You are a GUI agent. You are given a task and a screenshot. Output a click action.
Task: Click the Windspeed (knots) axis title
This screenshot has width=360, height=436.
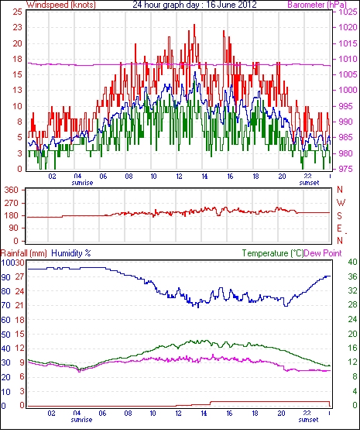tap(61, 5)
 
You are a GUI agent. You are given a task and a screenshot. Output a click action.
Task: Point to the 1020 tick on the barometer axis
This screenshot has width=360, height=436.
tap(348, 27)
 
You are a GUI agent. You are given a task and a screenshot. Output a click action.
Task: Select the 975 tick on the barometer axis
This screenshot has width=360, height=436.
tap(347, 169)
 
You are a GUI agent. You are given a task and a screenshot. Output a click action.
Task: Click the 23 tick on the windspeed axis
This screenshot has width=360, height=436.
tap(17, 27)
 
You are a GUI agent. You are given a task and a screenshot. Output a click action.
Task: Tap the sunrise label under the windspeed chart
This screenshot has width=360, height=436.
tap(82, 183)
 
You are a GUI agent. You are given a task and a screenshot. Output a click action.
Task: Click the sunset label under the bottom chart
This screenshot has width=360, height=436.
tap(308, 420)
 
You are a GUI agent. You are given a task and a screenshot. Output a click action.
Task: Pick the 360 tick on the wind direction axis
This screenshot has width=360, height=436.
tap(12, 190)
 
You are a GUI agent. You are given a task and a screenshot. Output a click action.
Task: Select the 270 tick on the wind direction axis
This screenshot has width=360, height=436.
tap(12, 203)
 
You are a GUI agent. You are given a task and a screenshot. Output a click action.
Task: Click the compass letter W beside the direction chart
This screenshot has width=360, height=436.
tap(341, 203)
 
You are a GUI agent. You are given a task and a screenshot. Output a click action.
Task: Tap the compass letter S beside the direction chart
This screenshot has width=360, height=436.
tap(339, 216)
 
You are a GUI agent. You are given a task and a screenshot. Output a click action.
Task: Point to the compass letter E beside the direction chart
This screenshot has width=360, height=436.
tap(339, 228)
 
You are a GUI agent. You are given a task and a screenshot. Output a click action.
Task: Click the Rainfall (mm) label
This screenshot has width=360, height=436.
tap(24, 253)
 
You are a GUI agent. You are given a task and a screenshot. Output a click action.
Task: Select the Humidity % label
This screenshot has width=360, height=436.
tap(71, 253)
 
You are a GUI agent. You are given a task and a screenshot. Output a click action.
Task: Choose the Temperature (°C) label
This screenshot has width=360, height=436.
tap(273, 253)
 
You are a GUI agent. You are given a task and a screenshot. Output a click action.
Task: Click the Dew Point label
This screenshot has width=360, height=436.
tap(323, 253)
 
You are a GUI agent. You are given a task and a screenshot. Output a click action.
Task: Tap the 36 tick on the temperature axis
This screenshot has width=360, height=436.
tap(353, 276)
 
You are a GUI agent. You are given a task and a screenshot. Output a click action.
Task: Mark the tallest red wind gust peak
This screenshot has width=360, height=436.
tap(194, 25)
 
